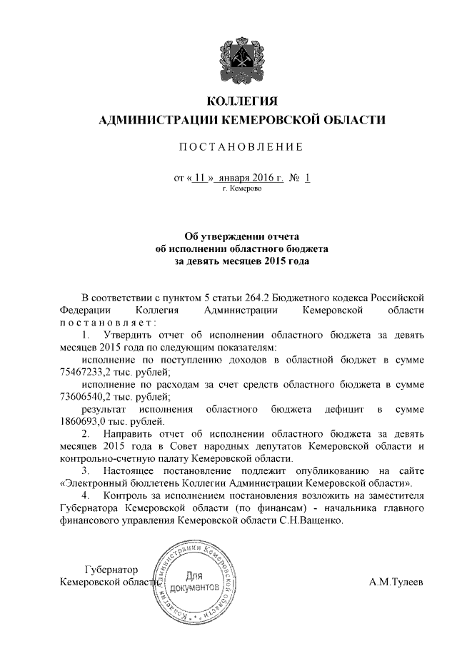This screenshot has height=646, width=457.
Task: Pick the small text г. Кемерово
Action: [242, 188]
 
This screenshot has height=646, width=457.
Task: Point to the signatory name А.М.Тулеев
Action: [396, 582]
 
